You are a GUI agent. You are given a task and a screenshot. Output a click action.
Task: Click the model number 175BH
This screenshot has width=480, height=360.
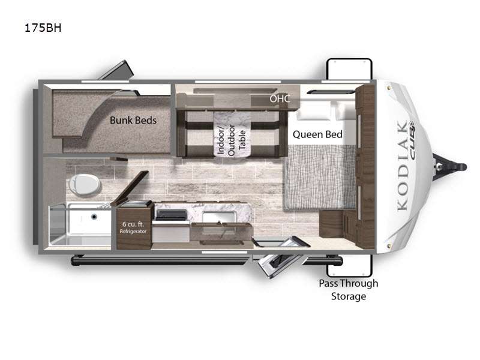[43, 28]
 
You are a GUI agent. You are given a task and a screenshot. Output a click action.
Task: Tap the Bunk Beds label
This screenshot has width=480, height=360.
[133, 121]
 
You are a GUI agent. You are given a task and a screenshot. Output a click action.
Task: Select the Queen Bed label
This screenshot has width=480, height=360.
[317, 134]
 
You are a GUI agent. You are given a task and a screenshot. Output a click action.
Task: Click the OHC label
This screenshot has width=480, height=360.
[280, 98]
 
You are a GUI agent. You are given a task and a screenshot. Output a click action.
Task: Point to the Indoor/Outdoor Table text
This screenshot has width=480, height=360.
[231, 140]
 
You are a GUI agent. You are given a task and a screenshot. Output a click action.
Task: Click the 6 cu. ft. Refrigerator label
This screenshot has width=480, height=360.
[133, 227]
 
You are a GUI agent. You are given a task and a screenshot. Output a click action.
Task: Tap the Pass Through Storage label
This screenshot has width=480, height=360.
[349, 290]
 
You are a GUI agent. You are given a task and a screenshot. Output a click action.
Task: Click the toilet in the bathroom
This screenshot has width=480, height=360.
[84, 185]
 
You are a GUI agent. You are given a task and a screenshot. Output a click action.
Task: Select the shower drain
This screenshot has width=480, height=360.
[94, 217]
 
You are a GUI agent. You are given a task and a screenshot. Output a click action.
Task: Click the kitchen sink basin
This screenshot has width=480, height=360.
[218, 217]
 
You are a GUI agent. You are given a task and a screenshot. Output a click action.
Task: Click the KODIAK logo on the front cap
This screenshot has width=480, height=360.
[403, 166]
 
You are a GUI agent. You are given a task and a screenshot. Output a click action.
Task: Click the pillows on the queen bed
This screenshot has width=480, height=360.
[325, 112]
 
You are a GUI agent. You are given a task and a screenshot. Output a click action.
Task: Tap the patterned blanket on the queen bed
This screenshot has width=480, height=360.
[320, 178]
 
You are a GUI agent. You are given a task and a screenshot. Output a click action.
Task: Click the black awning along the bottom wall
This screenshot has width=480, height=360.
[206, 261]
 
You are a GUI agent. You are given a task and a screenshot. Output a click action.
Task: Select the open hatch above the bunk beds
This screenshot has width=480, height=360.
[116, 70]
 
